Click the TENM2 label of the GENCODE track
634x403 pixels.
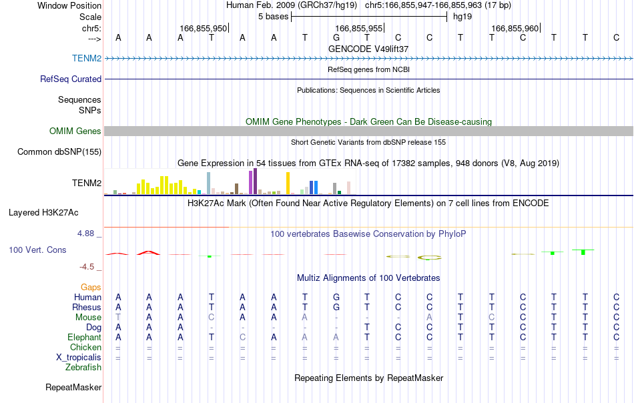(87, 58)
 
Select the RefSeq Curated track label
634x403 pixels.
(70, 79)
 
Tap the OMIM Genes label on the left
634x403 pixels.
(75, 131)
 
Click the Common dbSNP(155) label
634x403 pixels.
(59, 151)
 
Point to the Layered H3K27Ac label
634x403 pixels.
(43, 213)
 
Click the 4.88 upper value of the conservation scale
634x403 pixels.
(85, 234)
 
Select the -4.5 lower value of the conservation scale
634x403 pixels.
(87, 266)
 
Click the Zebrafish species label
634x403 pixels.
(83, 368)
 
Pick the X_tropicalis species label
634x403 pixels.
(79, 358)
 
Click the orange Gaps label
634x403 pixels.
(91, 287)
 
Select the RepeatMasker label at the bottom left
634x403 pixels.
(73, 387)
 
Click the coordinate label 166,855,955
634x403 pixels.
(358, 28)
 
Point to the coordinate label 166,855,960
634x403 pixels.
(515, 28)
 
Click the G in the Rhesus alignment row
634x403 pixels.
(336, 307)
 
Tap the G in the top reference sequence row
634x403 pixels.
(336, 37)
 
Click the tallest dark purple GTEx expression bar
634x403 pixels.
(255, 181)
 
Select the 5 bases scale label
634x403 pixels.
(274, 17)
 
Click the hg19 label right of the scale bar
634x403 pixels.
(462, 17)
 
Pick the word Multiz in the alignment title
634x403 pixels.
(308, 278)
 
